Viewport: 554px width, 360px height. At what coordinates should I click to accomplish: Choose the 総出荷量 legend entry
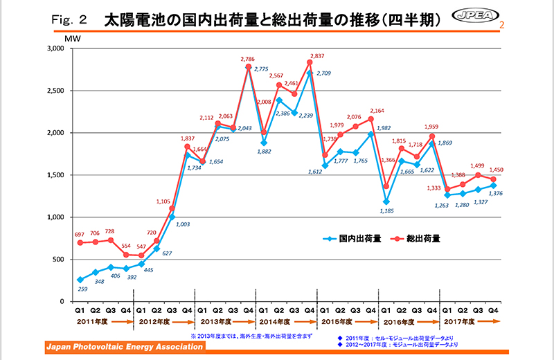(425, 239)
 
